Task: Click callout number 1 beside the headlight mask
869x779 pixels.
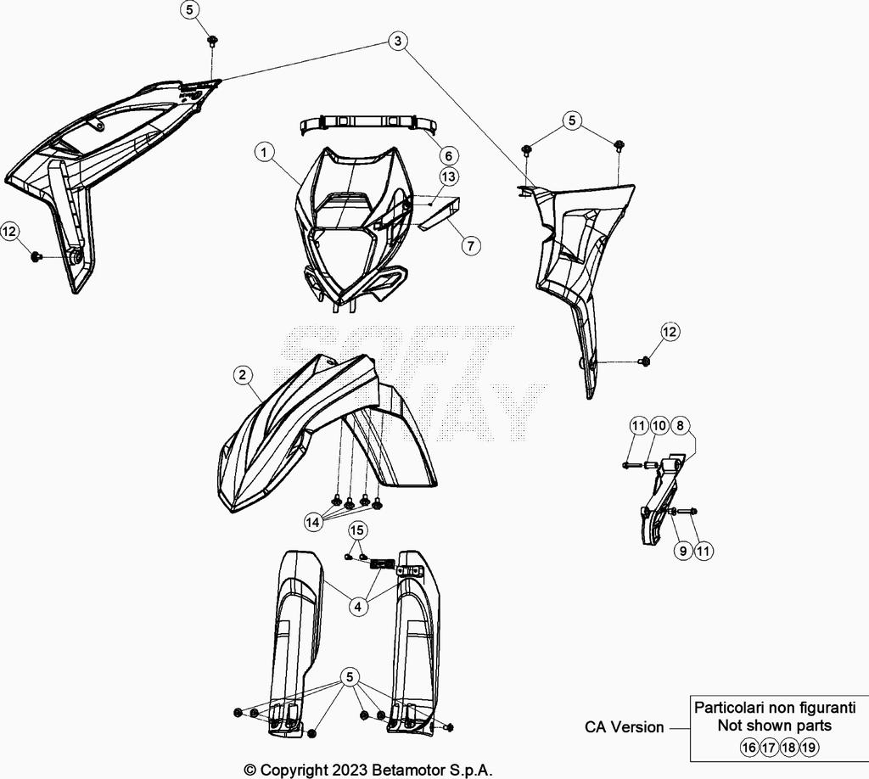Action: click(265, 152)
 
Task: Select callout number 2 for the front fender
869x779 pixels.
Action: click(242, 375)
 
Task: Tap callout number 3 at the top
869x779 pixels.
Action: click(397, 41)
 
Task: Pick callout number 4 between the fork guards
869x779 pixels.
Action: click(358, 607)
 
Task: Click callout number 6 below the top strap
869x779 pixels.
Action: click(448, 155)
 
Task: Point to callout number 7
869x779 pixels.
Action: click(470, 245)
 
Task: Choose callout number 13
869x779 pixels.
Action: click(448, 177)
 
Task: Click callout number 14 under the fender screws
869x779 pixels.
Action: click(313, 522)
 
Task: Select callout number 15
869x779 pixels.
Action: click(357, 530)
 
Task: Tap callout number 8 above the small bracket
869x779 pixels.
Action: click(680, 425)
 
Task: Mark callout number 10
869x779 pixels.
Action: click(659, 425)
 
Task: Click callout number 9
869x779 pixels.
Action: click(683, 550)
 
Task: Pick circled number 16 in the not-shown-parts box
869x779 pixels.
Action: click(748, 748)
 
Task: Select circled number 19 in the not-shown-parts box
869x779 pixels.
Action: click(809, 748)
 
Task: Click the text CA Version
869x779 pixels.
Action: click(624, 727)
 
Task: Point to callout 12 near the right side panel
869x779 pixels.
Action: click(670, 331)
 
